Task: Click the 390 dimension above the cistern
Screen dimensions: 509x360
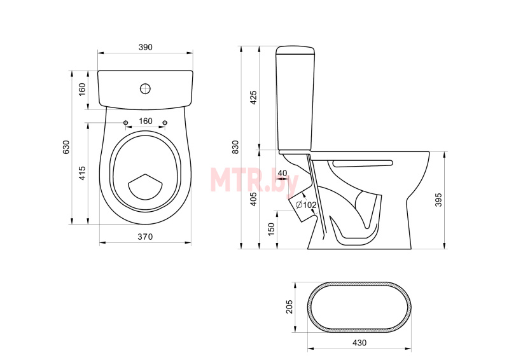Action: (146, 48)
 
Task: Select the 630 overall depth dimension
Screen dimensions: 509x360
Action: (66, 147)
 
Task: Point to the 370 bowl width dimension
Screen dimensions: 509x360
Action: (145, 237)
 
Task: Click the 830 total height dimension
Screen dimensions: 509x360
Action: (235, 147)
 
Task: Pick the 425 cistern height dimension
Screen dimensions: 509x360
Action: (253, 97)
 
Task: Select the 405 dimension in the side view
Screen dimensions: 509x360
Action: (253, 199)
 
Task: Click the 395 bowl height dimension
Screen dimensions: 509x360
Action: (438, 200)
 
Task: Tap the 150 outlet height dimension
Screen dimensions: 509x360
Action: (272, 229)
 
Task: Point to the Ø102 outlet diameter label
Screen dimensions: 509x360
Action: (306, 205)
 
